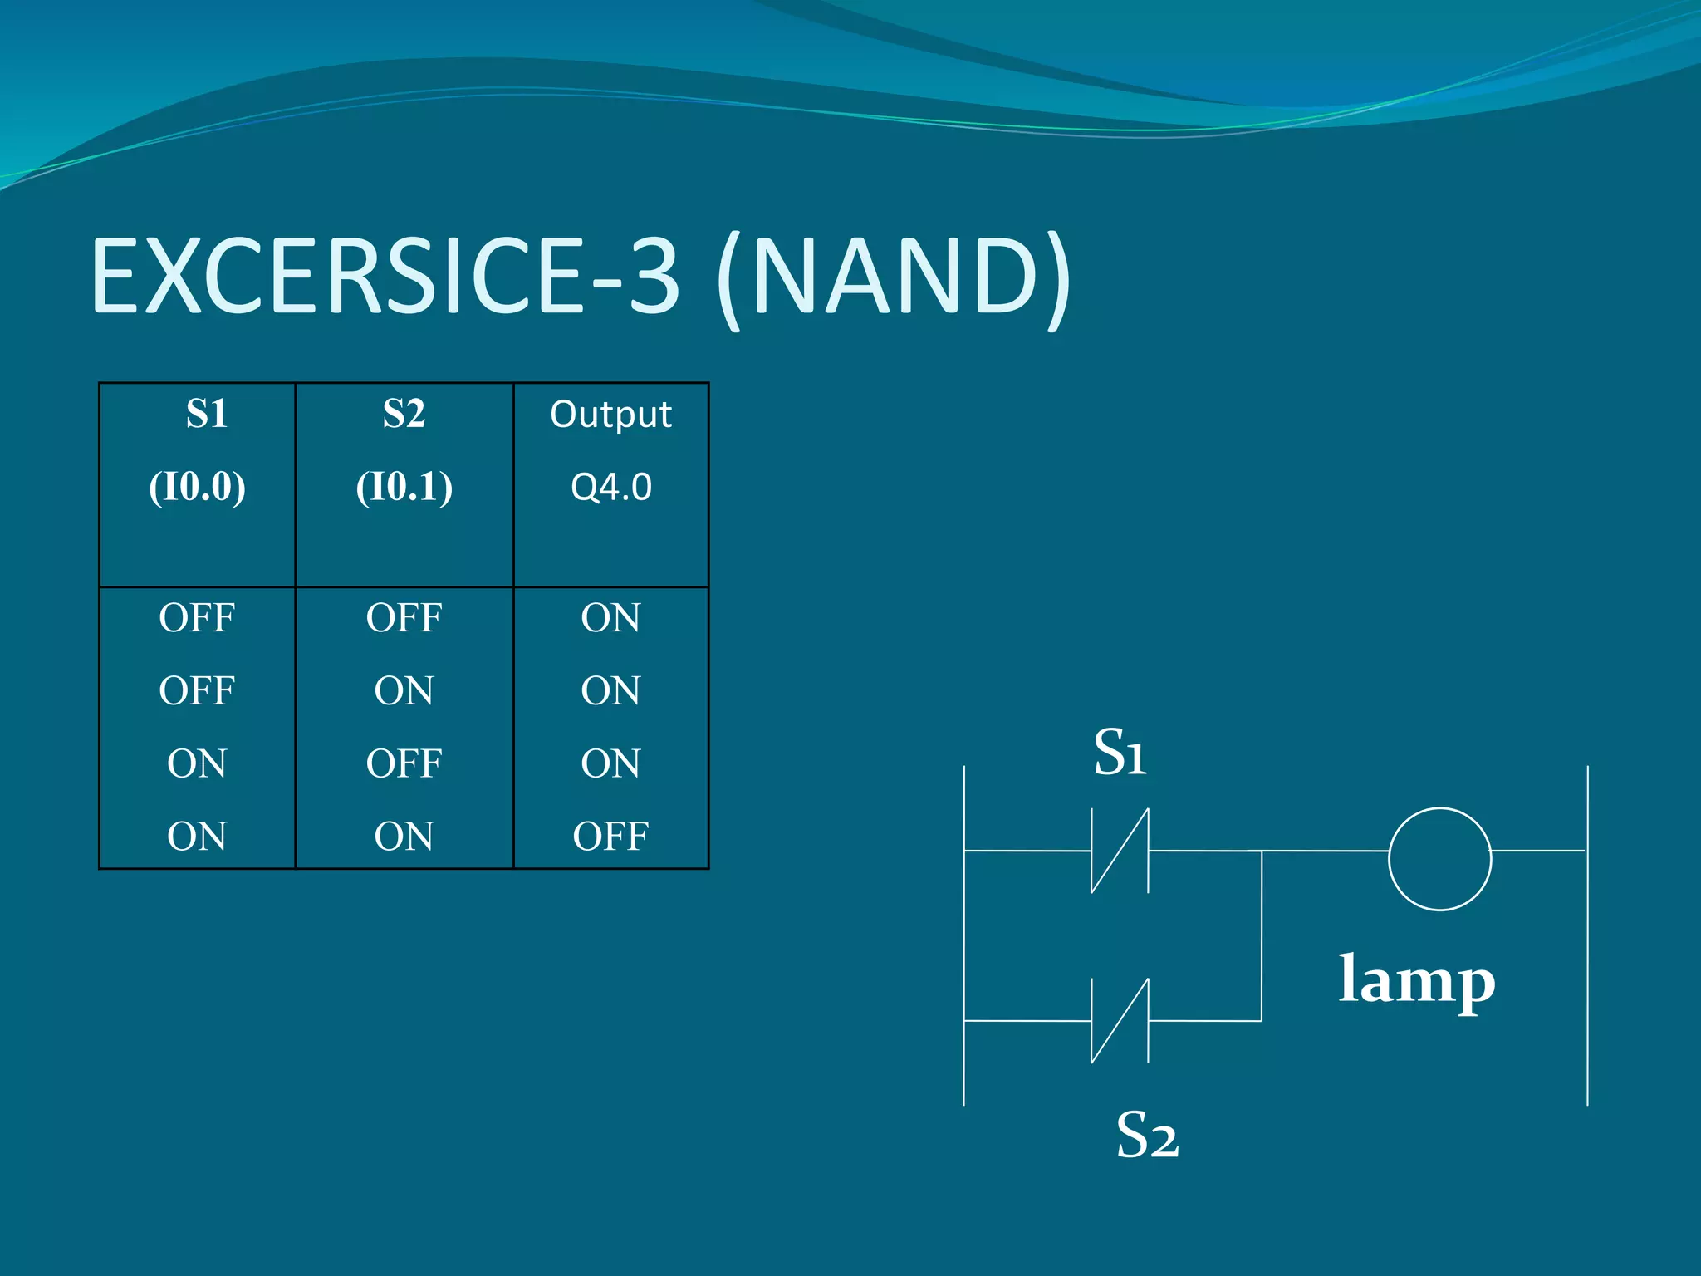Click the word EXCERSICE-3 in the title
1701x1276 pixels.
point(386,276)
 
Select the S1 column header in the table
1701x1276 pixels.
point(206,414)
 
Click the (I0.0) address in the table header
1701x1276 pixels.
point(197,486)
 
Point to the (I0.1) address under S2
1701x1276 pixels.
point(404,486)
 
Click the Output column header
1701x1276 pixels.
point(610,415)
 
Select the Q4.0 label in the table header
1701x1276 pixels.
point(610,487)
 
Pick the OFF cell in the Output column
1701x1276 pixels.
point(610,836)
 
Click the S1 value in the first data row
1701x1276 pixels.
point(197,618)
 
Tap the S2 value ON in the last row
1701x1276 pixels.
point(404,836)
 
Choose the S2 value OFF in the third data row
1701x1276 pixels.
point(404,763)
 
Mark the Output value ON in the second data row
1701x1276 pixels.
point(610,690)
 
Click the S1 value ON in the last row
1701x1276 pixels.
point(197,836)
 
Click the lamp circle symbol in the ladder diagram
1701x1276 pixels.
point(1439,859)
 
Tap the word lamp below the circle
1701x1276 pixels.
point(1417,981)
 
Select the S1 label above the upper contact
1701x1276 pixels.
point(1120,752)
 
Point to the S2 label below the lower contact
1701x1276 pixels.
point(1146,1135)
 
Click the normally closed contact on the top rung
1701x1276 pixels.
point(1120,851)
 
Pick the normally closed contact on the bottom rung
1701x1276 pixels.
point(1120,1020)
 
